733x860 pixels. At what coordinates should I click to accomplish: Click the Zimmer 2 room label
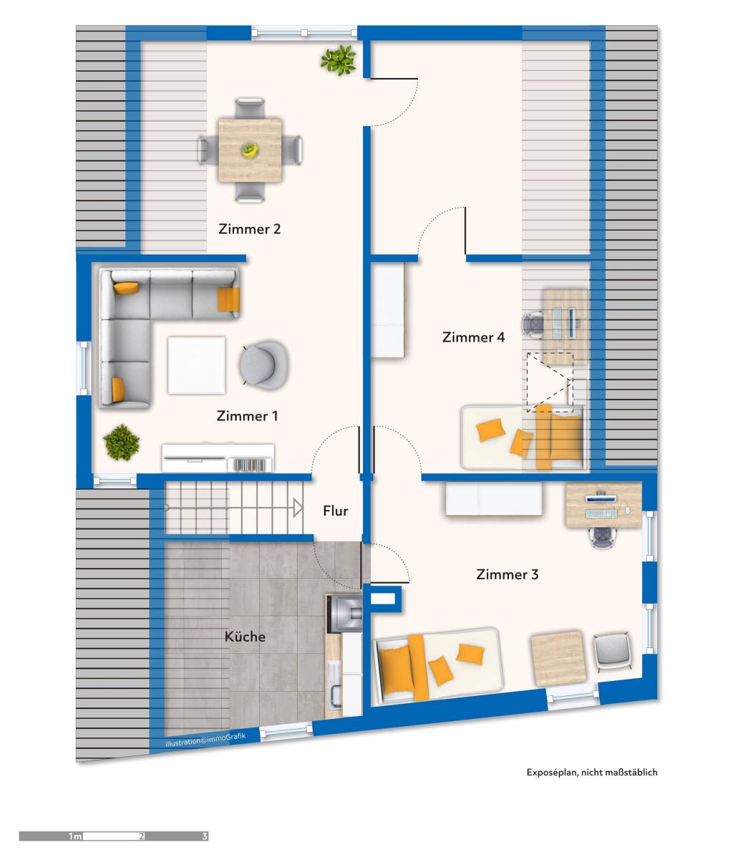point(250,229)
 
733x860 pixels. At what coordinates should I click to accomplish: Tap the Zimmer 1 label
point(247,415)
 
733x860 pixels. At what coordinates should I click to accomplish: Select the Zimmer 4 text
point(473,337)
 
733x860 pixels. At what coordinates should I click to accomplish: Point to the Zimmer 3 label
point(508,574)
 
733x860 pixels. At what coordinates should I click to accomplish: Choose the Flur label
point(335,511)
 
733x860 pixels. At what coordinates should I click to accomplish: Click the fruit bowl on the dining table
point(250,150)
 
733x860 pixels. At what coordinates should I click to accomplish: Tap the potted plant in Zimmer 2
point(338,60)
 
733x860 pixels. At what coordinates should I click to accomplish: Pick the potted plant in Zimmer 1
point(122,443)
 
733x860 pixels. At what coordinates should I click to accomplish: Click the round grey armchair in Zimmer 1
point(263,365)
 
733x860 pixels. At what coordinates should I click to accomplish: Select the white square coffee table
point(196,365)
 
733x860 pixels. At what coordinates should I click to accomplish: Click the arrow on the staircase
point(298,508)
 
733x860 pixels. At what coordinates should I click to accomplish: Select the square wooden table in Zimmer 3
point(559,658)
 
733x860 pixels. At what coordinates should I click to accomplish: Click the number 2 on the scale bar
point(142,836)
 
